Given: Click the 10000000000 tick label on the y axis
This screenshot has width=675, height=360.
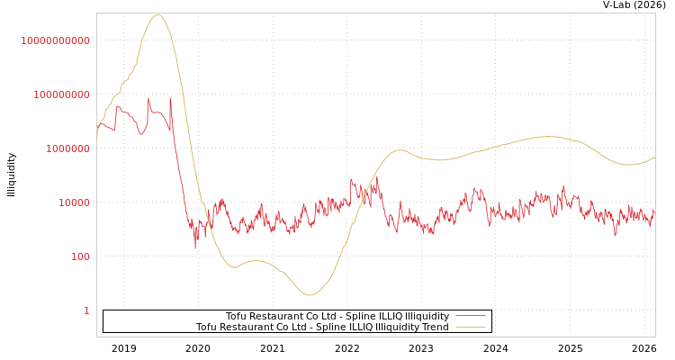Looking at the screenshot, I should pos(55,40).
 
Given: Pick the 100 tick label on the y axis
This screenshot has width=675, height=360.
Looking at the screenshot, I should pos(81,256).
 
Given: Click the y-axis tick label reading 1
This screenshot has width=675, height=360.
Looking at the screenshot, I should pos(86,310).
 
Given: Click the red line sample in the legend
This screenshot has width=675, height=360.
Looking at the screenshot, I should pos(471,316).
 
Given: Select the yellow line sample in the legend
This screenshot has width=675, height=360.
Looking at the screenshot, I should pos(471,327).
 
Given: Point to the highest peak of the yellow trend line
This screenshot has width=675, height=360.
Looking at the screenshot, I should pos(158,14).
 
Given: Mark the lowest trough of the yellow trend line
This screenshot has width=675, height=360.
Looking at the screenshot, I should pos(309,294).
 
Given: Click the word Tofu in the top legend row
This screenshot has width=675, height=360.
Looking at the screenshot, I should pos(237,316).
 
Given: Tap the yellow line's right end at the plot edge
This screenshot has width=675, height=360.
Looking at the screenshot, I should pos(654,158).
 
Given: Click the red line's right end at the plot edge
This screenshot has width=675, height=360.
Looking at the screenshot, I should pos(654,212).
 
